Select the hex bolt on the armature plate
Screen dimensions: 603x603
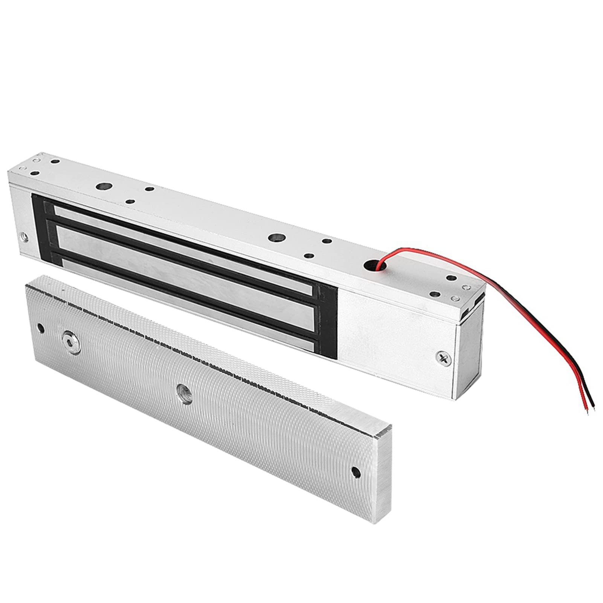[72, 337]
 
